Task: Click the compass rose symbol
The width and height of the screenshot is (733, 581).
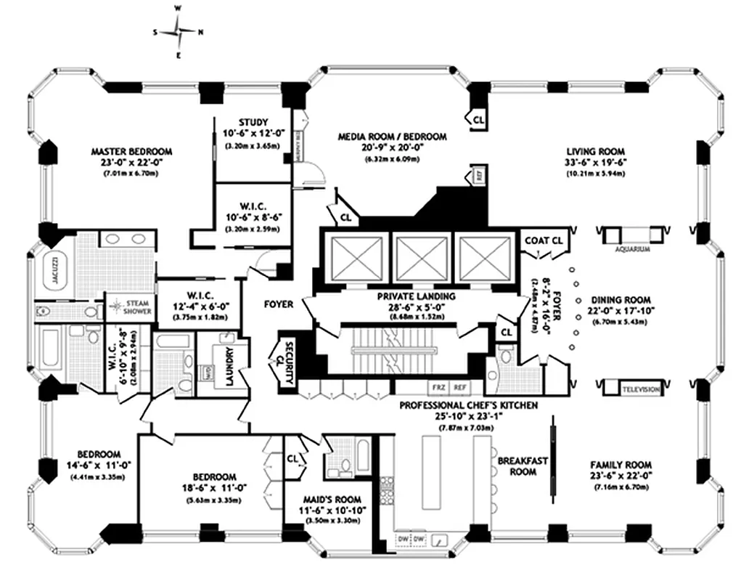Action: [x=179, y=32]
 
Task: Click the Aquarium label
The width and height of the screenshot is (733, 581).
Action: [x=631, y=248]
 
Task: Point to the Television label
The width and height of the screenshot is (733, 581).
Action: [x=642, y=390]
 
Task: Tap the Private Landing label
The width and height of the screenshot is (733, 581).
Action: [x=415, y=296]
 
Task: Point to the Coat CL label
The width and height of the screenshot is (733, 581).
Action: [x=544, y=240]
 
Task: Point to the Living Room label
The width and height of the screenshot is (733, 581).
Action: [x=595, y=151]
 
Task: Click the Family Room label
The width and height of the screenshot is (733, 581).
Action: [x=621, y=465]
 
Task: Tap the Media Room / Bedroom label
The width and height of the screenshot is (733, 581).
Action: [x=392, y=136]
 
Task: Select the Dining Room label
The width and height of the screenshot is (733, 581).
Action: [x=621, y=299]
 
